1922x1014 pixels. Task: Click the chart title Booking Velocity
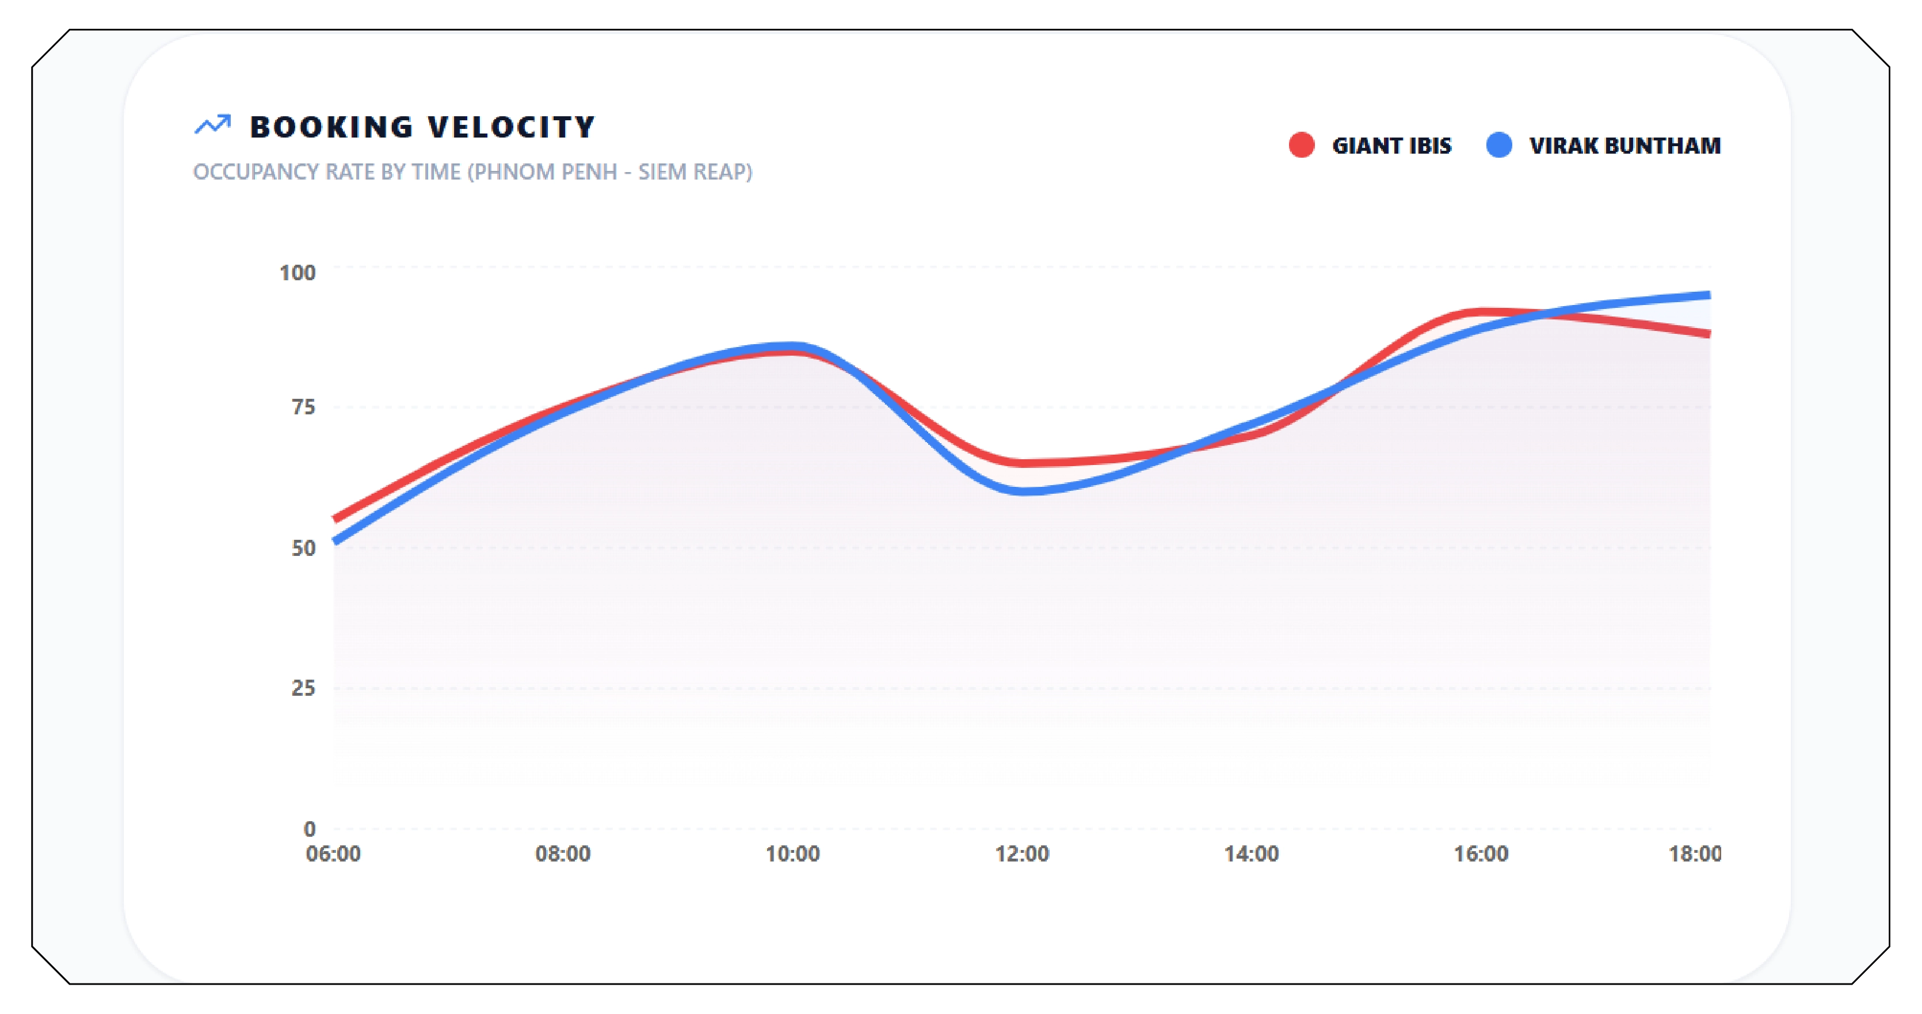[422, 127]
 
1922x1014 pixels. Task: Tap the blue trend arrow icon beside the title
[213, 125]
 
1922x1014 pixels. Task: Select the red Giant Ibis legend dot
[1301, 145]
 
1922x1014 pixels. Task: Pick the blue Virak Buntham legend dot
[1499, 145]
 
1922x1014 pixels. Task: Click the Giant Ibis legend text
[1391, 146]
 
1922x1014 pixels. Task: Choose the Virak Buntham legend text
[1625, 146]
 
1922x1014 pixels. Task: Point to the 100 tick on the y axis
[297, 272]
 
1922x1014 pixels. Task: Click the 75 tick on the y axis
[303, 407]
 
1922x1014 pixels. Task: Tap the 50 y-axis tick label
[303, 548]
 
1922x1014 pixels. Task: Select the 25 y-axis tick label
[303, 688]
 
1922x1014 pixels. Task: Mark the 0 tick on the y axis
[309, 828]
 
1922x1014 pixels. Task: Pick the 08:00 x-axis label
[563, 853]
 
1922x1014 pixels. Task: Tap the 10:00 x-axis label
[792, 853]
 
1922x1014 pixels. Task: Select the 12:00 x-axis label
[1022, 853]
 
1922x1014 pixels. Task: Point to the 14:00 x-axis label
[1251, 853]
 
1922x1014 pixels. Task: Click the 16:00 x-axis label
[1481, 853]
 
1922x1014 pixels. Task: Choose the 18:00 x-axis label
[1695, 853]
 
